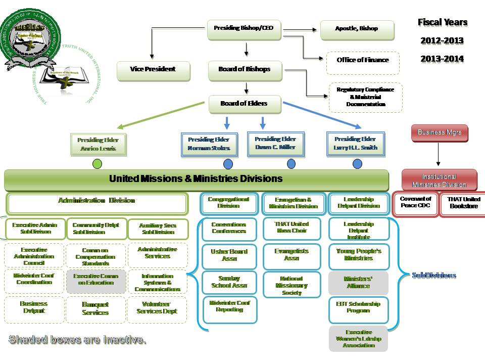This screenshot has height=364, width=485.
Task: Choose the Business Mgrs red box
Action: pyautogui.click(x=439, y=133)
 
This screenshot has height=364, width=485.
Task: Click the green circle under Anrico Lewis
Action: pyautogui.click(x=98, y=164)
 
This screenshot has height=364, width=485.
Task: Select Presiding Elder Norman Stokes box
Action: pyautogui.click(x=209, y=144)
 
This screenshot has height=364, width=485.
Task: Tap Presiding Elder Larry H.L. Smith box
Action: pyautogui.click(x=356, y=144)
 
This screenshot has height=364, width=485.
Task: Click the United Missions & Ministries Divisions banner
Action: pyautogui.click(x=196, y=179)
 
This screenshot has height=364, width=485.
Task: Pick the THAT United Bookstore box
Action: pyautogui.click(x=463, y=203)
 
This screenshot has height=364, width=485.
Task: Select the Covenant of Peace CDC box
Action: pyautogui.click(x=415, y=203)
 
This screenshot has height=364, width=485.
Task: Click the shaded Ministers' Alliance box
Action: pyautogui.click(x=358, y=283)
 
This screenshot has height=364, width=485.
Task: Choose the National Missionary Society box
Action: pyautogui.click(x=292, y=286)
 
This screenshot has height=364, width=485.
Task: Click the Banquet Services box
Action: pyautogui.click(x=95, y=309)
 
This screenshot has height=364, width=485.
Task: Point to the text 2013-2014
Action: pyautogui.click(x=442, y=59)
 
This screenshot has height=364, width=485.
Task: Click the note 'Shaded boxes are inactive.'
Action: pyautogui.click(x=78, y=340)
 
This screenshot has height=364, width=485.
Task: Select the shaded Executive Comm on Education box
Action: pyautogui.click(x=95, y=281)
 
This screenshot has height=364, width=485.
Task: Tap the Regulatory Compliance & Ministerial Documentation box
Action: pyautogui.click(x=365, y=97)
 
